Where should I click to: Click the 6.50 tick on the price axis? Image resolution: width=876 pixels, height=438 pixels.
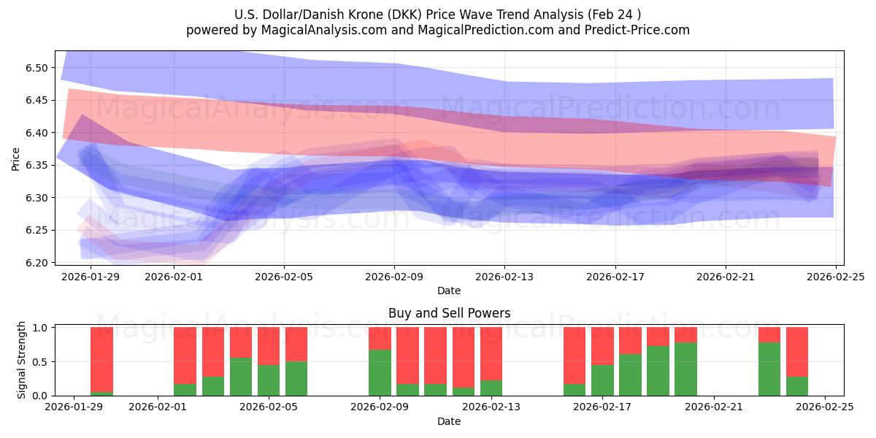(36, 68)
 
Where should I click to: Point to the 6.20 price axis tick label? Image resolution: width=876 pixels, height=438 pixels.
(36, 263)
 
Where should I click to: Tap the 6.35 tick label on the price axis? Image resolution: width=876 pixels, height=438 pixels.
(36, 166)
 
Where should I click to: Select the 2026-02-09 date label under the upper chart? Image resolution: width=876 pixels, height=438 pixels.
(394, 277)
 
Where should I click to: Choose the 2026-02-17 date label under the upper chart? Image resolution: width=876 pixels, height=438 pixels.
(615, 277)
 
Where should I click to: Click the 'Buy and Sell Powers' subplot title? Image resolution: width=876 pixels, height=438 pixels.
(449, 313)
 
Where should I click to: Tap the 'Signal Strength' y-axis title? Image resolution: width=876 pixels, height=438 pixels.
(22, 360)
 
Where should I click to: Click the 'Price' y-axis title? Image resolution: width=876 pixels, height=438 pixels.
(15, 158)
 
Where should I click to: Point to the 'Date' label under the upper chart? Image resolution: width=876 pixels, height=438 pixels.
(449, 291)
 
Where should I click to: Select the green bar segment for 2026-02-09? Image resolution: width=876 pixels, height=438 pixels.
(380, 372)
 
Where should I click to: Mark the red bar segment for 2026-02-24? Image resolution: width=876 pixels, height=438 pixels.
(797, 352)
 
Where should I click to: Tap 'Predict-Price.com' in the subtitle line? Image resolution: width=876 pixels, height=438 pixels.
(636, 30)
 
